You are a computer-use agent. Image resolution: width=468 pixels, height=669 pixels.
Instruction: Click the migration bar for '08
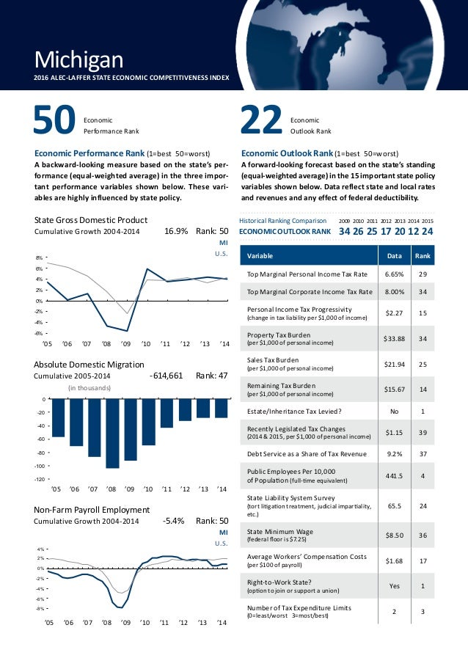pos(112,434)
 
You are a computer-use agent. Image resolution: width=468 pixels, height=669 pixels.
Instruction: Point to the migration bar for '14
pos(221,409)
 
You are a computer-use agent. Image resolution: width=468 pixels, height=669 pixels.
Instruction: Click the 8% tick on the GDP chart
pos(38,258)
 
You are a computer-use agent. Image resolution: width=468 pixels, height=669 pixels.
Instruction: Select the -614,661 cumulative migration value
pos(166,375)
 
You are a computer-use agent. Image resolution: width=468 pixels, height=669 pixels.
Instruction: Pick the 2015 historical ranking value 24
pos(427,231)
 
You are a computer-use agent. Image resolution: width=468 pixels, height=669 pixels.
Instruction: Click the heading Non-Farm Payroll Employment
pos(92,510)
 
